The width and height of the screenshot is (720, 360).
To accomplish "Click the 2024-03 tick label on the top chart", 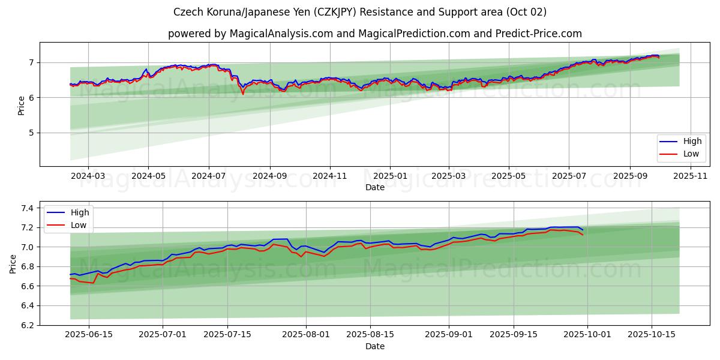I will point(88,175).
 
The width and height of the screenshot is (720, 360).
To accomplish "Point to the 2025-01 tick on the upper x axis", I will point(390,175).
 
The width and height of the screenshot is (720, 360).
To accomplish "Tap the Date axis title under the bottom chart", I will point(375,346).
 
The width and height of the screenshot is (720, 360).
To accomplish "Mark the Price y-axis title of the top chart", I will point(22,104).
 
